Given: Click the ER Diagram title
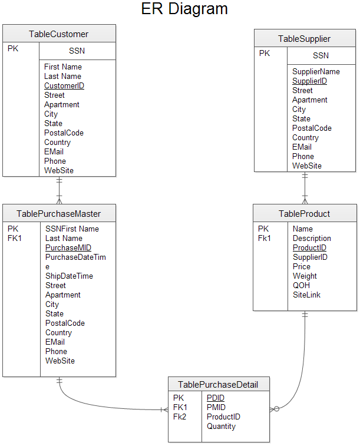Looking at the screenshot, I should pos(184,9).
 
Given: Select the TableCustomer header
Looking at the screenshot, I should pos(59,34).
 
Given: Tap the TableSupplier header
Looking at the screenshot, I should pos(305,39).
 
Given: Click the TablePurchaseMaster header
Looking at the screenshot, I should pos(59,213).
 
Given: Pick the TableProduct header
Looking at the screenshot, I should pos(304,213).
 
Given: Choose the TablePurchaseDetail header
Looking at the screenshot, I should pos(219,385).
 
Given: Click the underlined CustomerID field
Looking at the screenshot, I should pos(64,85).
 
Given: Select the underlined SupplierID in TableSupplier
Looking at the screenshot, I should pos(309,81).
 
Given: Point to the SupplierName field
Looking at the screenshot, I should pos(316,71).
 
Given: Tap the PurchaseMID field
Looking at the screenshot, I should pos(68,247).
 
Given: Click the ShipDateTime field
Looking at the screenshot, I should pos(69,276).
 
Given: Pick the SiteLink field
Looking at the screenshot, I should pos(307,295).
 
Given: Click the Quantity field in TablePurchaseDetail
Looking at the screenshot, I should pos(221,426).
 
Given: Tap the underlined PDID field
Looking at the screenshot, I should pos(216,398).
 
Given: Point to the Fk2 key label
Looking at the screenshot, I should pos(180,417).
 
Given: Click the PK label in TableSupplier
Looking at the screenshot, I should pos(265,53).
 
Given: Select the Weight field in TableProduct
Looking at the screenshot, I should pos(305,276).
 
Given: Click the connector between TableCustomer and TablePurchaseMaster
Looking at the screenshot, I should pos(59,190).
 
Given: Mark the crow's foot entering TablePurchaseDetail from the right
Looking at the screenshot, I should pos(275,409).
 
